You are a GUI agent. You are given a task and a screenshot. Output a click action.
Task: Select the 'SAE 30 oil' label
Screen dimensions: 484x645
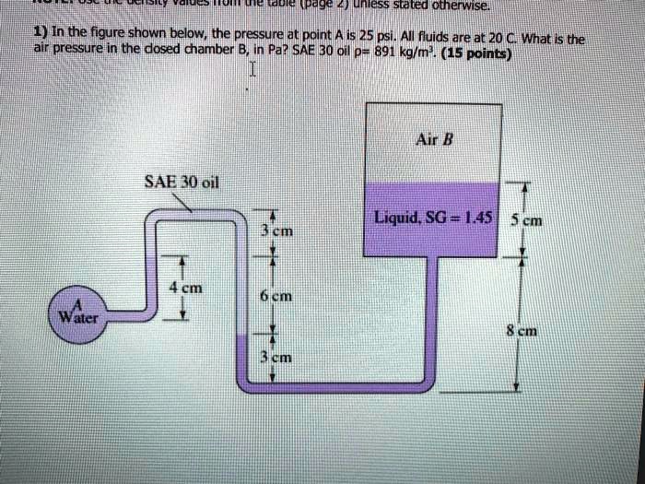(x=180, y=180)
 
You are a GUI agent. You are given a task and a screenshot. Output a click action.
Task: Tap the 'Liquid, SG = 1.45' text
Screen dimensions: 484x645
(x=432, y=218)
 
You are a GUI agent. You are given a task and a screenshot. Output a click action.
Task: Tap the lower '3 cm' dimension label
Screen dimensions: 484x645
(x=276, y=359)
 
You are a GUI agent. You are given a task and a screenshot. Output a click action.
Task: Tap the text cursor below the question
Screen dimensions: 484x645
(x=248, y=72)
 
